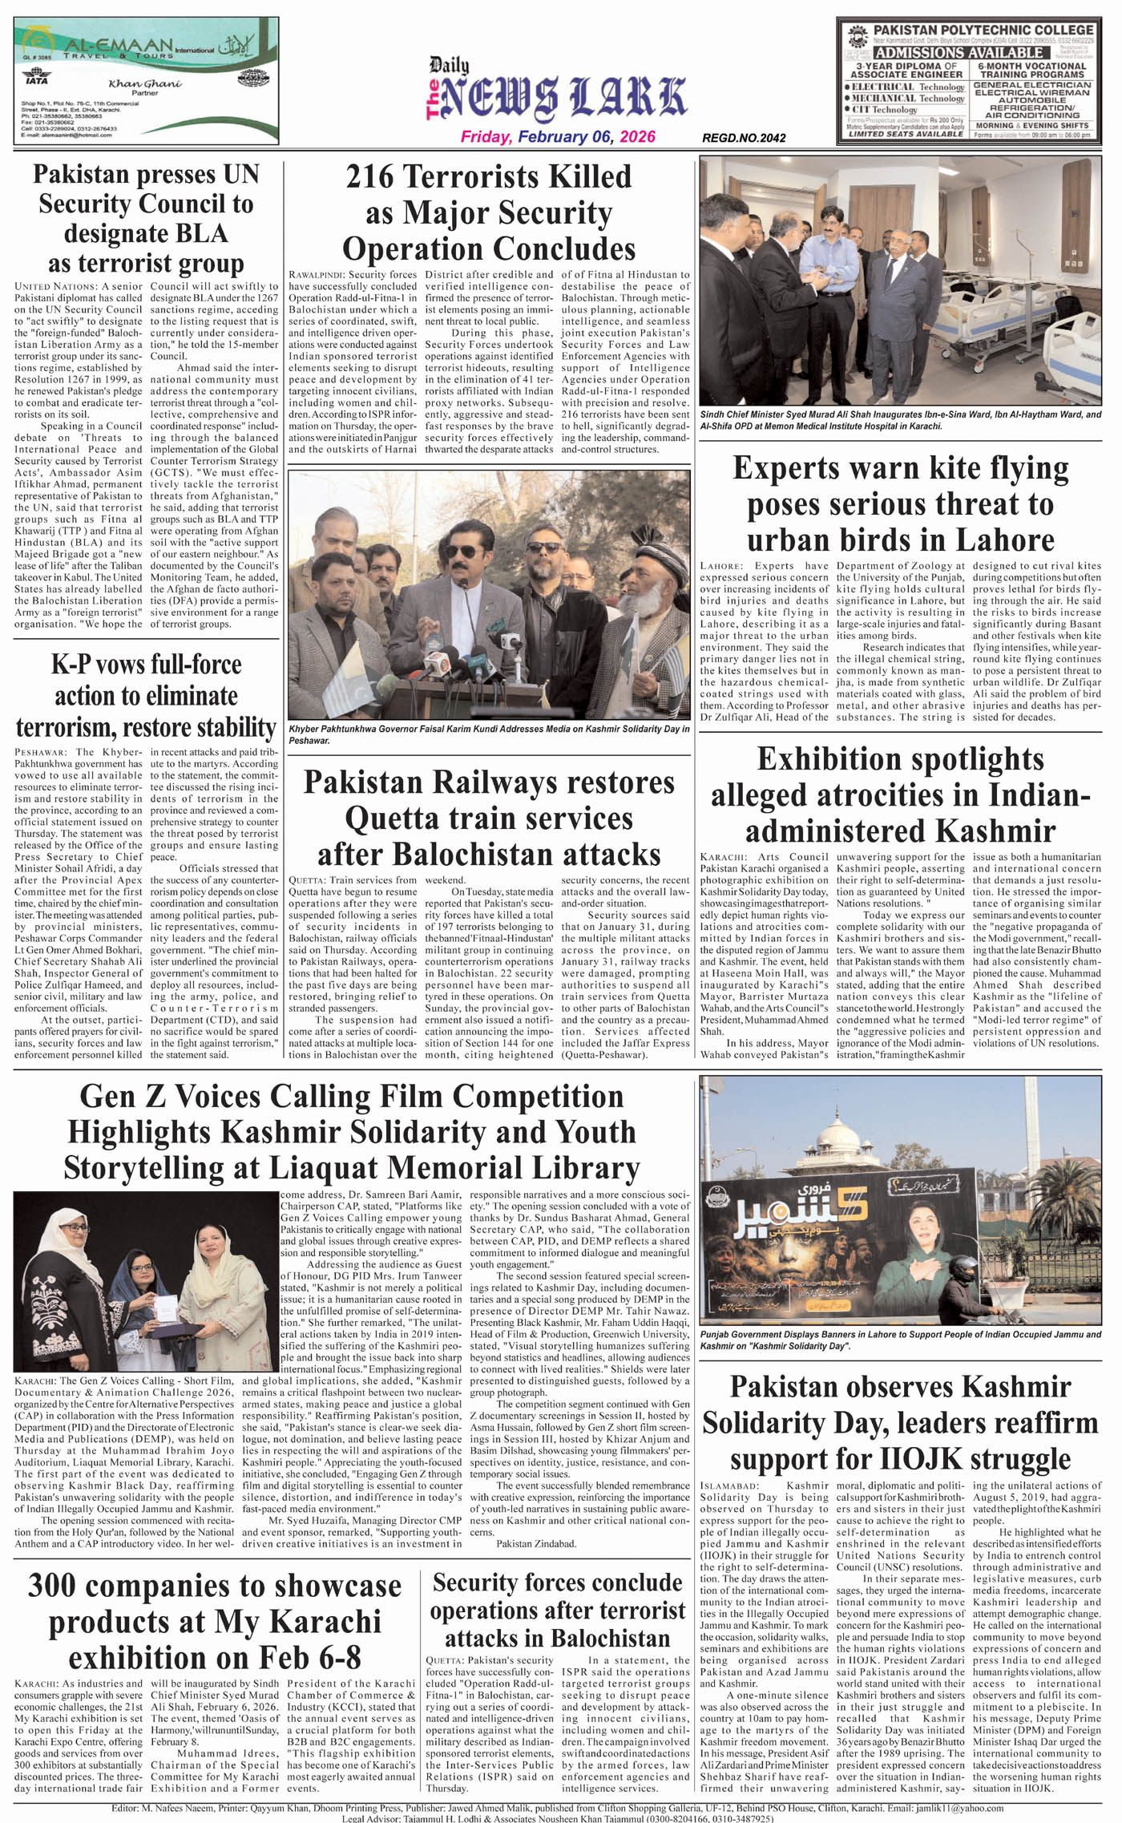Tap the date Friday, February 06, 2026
point(558,137)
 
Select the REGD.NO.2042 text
point(744,138)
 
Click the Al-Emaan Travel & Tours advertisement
point(146,81)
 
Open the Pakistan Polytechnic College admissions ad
point(968,81)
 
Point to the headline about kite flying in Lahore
point(900,503)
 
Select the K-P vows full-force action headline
point(146,696)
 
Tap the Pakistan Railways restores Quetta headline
point(489,818)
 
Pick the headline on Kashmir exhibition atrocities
point(900,794)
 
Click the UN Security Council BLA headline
point(146,218)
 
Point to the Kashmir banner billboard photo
point(900,1199)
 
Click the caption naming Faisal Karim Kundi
point(489,734)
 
